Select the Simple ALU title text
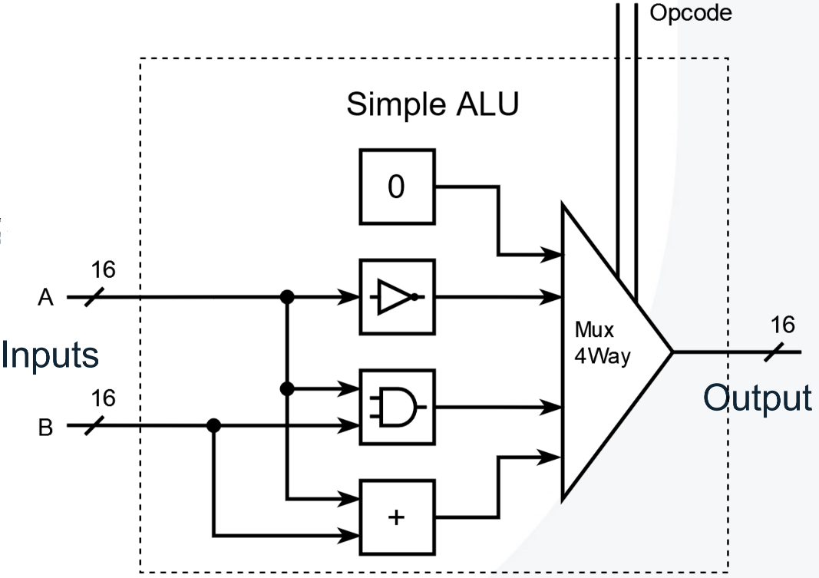click(432, 105)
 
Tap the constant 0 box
click(396, 188)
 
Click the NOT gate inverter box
click(396, 296)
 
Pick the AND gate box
click(396, 407)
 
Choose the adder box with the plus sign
click(396, 517)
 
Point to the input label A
click(46, 298)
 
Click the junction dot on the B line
click(214, 425)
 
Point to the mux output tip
click(673, 352)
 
